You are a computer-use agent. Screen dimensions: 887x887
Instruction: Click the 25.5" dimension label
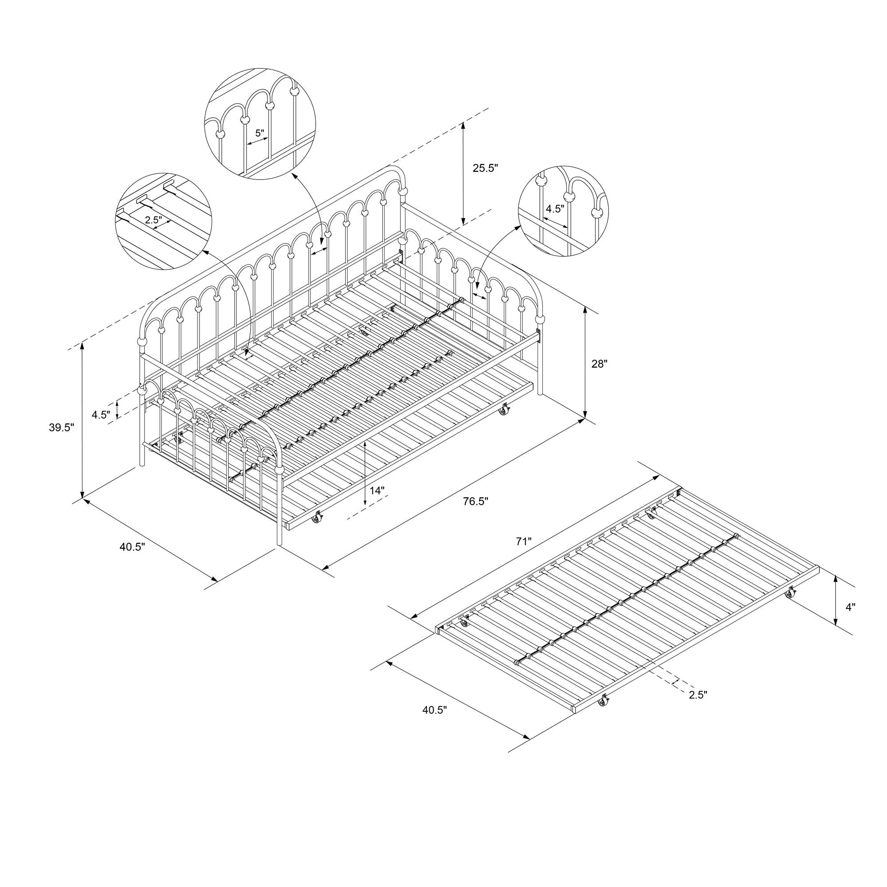pos(485,169)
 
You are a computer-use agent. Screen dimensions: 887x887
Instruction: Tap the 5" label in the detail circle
pos(260,133)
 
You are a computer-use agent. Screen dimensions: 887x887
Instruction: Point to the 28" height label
pos(599,364)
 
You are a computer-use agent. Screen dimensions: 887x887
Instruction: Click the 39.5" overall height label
pos(62,428)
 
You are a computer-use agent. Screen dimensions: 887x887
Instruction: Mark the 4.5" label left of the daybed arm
pos(101,415)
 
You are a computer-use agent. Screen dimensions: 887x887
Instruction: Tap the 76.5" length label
pos(475,501)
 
